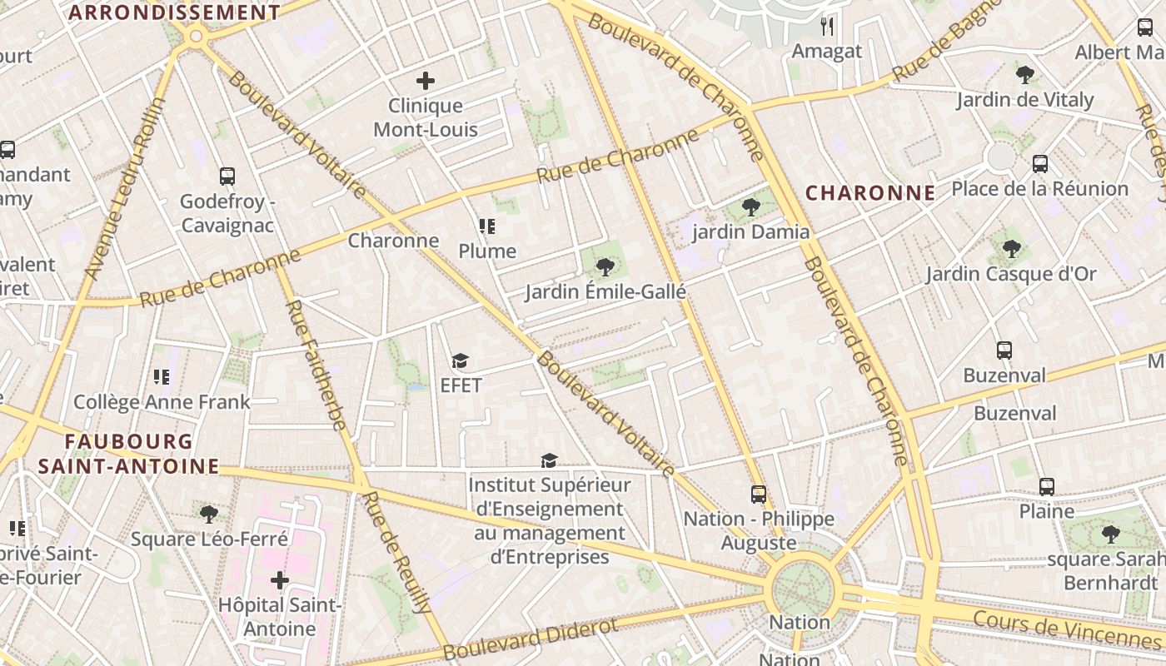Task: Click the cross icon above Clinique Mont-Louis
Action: [426, 81]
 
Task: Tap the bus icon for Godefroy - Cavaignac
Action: [227, 176]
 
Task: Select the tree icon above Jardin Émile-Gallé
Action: [605, 267]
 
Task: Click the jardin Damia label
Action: [751, 232]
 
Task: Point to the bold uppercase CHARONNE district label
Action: [870, 193]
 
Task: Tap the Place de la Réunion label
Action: [1040, 189]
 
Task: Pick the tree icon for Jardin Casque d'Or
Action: [1012, 248]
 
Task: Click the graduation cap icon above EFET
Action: [460, 360]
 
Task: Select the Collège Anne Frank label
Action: [162, 402]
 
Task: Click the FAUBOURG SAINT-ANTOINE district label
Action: [129, 454]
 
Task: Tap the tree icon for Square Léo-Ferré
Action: [209, 514]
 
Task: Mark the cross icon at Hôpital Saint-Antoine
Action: [280, 579]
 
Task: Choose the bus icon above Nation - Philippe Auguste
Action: [758, 494]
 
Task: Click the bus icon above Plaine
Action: [1047, 486]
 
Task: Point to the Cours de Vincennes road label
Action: [1066, 629]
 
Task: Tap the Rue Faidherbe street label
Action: [316, 365]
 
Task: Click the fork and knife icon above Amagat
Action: [826, 27]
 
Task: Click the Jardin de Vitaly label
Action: [1024, 101]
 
